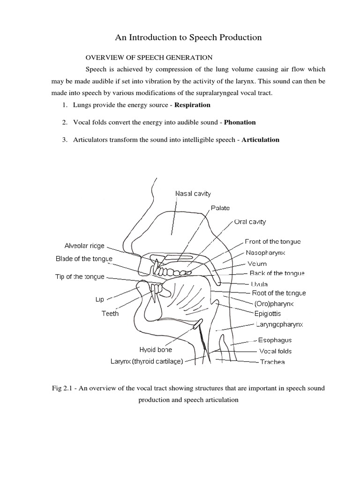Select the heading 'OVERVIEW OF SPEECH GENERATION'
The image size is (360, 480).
149,58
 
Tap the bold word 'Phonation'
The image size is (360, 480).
240,122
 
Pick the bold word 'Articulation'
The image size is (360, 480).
260,140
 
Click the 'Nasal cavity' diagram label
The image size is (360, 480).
193,193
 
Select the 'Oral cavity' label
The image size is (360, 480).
250,222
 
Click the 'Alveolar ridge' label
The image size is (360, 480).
85,246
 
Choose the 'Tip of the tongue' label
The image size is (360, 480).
80,277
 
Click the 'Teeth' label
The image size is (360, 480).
110,314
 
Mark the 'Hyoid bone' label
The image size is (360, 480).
156,350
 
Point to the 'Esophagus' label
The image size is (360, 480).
275,340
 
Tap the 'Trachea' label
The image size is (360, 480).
272,362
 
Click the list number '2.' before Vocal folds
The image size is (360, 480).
64,122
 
